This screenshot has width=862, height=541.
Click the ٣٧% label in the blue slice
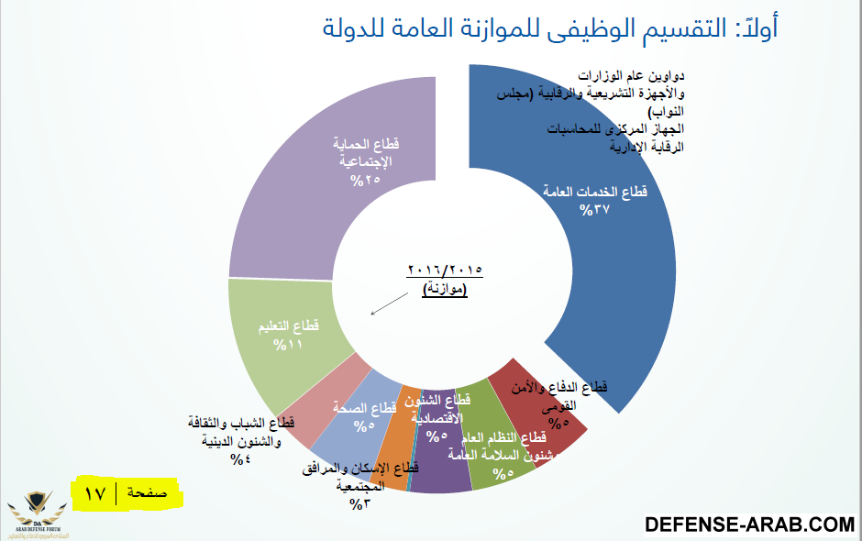pyautogui.click(x=594, y=210)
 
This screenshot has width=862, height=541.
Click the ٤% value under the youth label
pyautogui.click(x=240, y=458)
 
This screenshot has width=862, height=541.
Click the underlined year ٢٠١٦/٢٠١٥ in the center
pyautogui.click(x=445, y=271)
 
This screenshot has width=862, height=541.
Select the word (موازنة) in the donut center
pyautogui.click(x=445, y=290)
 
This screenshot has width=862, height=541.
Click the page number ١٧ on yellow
pyautogui.click(x=95, y=494)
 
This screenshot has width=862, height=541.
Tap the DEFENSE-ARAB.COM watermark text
pyautogui.click(x=749, y=524)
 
